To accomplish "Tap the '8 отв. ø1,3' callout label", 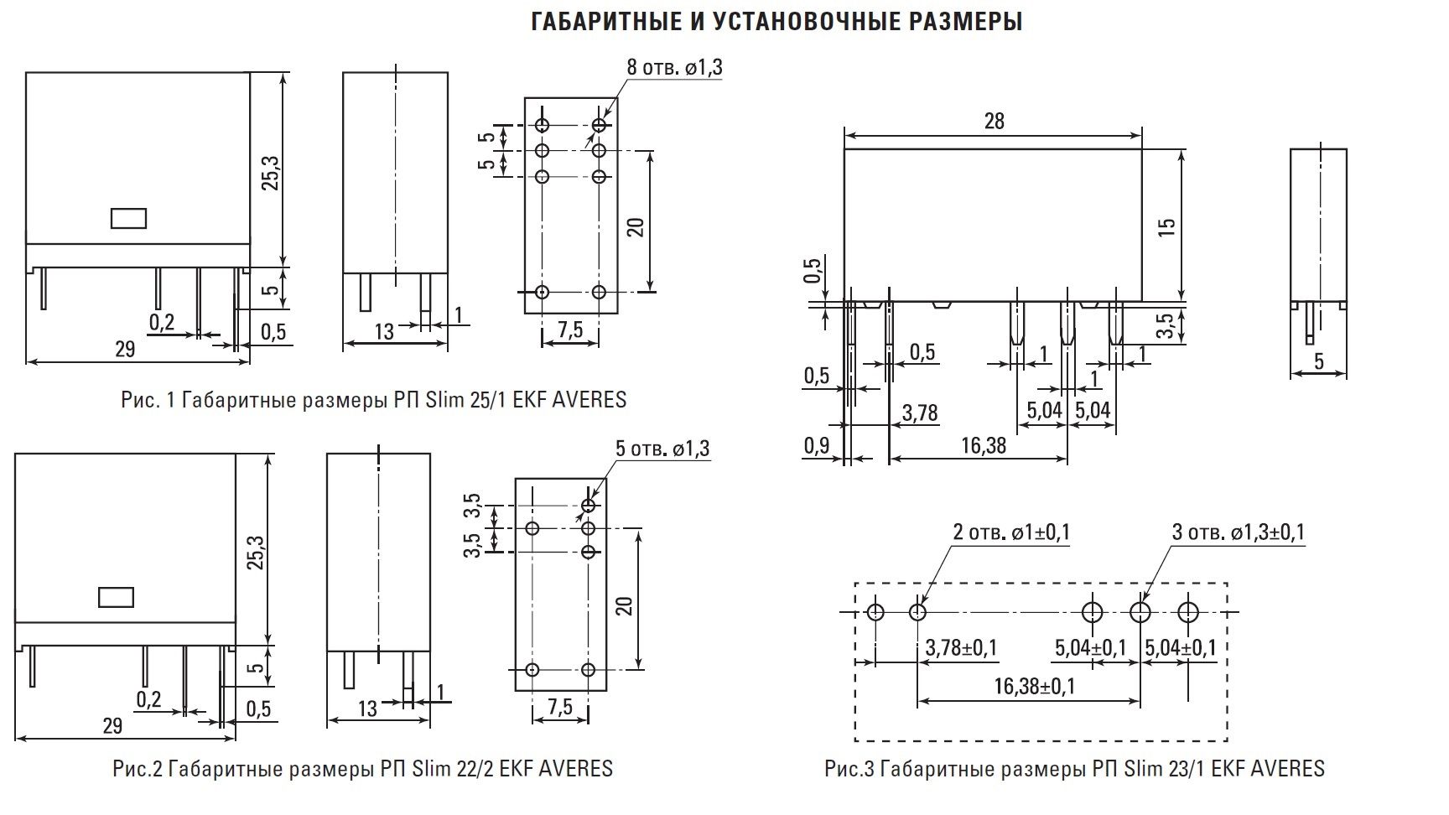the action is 674,68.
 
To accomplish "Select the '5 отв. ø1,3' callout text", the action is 662,449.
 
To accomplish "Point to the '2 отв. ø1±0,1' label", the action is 1011,532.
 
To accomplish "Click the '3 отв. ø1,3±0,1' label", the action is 1239,532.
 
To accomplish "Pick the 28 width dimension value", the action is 994,121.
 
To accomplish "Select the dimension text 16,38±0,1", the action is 1034,687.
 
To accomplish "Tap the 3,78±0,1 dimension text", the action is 961,648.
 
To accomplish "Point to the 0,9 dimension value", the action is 816,446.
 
